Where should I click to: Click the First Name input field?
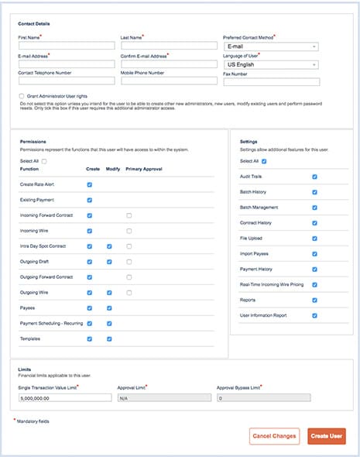pyautogui.click(x=66, y=46)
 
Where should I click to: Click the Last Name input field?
pyautogui.click(x=167, y=46)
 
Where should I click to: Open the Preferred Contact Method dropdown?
pyautogui.click(x=270, y=46)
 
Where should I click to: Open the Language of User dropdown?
pyautogui.click(x=270, y=64)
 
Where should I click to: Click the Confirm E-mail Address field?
pyautogui.click(x=167, y=64)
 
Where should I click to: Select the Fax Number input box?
pyautogui.click(x=270, y=82)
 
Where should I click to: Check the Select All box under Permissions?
pyautogui.click(x=44, y=161)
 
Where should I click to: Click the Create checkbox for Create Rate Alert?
pyautogui.click(x=90, y=185)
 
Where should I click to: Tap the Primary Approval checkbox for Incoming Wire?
pyautogui.click(x=129, y=231)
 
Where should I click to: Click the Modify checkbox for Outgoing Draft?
pyautogui.click(x=110, y=262)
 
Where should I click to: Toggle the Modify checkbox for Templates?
pyautogui.click(x=110, y=338)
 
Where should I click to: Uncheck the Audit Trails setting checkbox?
pyautogui.click(x=314, y=177)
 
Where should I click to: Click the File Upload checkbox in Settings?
pyautogui.click(x=314, y=239)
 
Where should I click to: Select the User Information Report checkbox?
pyautogui.click(x=314, y=315)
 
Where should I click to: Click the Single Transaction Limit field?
pyautogui.click(x=66, y=397)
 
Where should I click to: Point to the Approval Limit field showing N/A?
pyautogui.click(x=162, y=397)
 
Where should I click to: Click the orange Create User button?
pyautogui.click(x=326, y=436)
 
